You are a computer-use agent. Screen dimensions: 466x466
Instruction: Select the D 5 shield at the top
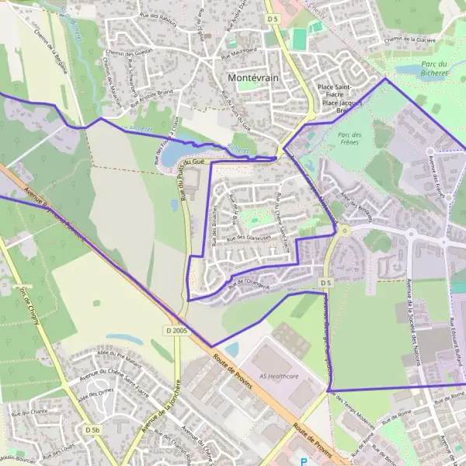[x=271, y=18]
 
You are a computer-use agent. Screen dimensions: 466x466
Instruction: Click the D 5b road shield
[x=92, y=429]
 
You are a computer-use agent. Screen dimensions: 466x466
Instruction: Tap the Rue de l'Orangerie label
[x=249, y=284]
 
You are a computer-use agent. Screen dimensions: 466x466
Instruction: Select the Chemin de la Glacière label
[x=411, y=38]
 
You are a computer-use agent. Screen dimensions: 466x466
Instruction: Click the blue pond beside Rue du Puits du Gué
[x=170, y=155]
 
